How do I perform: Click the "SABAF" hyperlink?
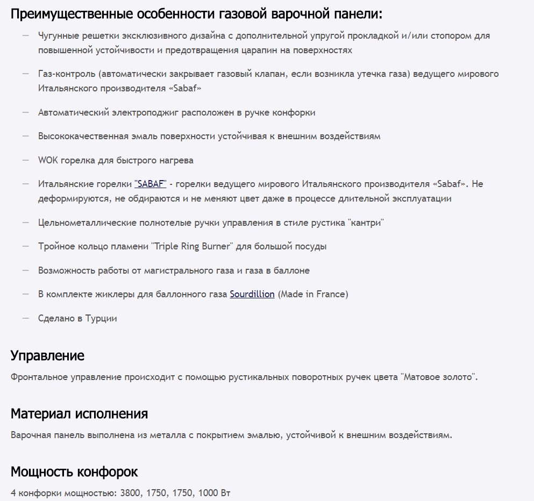click(x=151, y=184)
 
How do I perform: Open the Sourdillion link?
click(x=252, y=294)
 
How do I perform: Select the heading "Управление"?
click(x=47, y=355)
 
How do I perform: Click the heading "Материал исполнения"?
click(x=79, y=414)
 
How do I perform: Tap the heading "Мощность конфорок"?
click(x=74, y=472)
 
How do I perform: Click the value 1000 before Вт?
click(x=208, y=493)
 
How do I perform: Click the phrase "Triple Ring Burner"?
click(x=193, y=246)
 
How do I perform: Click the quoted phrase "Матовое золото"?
click(x=438, y=377)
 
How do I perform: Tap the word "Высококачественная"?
click(x=83, y=136)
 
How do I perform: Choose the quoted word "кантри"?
click(x=366, y=223)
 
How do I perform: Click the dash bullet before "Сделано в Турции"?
click(x=25, y=318)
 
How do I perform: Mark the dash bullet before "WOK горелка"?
click(x=25, y=160)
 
